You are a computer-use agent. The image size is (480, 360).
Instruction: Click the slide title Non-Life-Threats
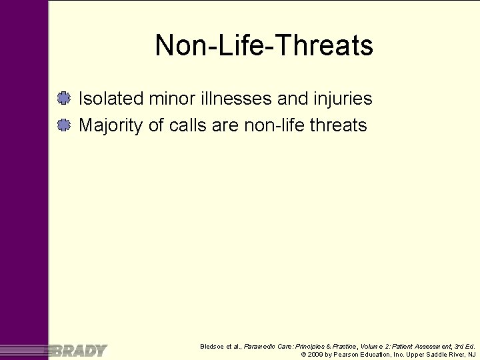click(x=264, y=46)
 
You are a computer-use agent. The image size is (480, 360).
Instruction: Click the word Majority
click(x=111, y=125)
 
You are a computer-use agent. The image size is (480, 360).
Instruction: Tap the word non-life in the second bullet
click(x=269, y=125)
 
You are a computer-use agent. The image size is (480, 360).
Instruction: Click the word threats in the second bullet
click(x=339, y=125)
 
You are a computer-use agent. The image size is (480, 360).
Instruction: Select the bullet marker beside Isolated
click(x=64, y=99)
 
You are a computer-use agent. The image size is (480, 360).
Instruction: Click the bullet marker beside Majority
click(x=64, y=125)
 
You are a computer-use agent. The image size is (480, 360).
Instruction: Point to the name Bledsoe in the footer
click(x=213, y=347)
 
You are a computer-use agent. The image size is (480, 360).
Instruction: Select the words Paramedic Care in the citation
click(x=265, y=347)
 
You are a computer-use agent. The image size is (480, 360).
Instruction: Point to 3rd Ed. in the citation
click(x=462, y=347)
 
